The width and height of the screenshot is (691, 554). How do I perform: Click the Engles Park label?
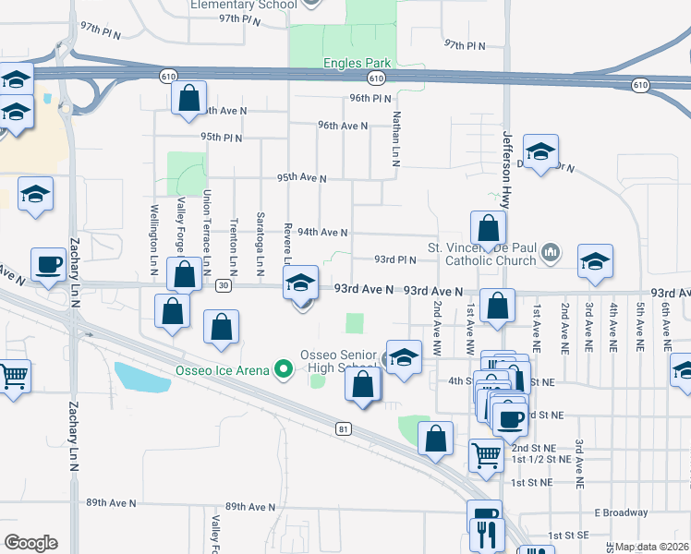click(x=357, y=63)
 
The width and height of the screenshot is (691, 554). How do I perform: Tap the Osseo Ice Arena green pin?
click(x=285, y=371)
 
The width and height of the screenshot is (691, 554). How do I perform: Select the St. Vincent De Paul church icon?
click(x=551, y=251)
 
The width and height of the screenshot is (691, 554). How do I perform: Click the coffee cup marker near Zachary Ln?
click(x=48, y=266)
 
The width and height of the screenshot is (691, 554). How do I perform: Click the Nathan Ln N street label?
click(x=395, y=138)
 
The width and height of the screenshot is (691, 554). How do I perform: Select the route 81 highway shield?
click(x=344, y=428)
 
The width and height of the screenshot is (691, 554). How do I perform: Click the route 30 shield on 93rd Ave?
click(x=224, y=285)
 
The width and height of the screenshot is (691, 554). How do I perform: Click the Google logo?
click(x=30, y=543)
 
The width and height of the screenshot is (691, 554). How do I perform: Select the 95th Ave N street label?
click(x=301, y=177)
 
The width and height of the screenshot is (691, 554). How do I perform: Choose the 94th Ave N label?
click(x=322, y=233)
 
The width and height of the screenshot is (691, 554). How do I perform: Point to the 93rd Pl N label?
click(x=395, y=259)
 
